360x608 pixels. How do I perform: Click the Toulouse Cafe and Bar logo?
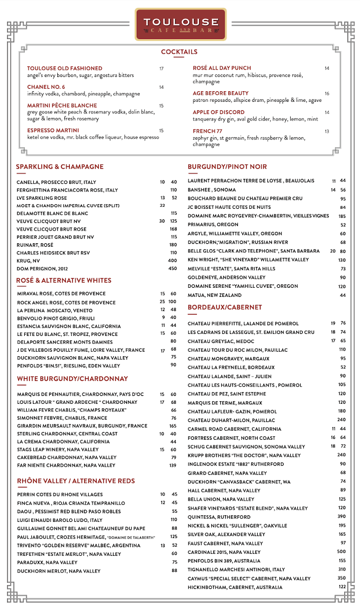coord(180,24)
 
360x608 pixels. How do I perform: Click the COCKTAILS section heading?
coord(179,52)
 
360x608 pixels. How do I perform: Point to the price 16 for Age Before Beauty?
coord(327,94)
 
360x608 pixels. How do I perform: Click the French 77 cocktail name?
coord(204,131)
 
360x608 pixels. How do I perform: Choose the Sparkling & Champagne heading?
coord(60,167)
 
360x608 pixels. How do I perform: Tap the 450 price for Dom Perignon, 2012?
coord(173,269)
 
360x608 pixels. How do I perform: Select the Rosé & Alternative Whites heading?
coord(64,280)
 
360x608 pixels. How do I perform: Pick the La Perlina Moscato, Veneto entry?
coord(55,310)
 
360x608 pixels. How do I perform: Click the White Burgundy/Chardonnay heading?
coord(72,378)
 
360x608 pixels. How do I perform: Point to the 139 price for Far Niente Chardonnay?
coord(173,465)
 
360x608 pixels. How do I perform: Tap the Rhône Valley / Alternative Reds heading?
coord(76,481)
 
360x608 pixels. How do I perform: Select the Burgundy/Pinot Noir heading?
coord(227,167)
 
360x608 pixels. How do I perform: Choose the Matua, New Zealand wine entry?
coord(215,295)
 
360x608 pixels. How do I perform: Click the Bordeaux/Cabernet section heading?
coord(225,308)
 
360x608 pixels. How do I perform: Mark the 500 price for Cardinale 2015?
coord(342,552)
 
